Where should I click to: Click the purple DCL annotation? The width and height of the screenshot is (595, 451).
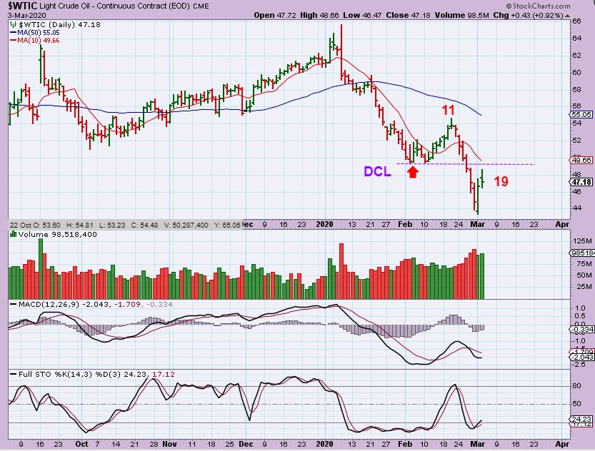pyautogui.click(x=378, y=171)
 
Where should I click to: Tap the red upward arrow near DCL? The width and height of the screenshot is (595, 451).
pyautogui.click(x=413, y=171)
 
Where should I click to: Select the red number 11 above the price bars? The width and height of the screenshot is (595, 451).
pyautogui.click(x=448, y=110)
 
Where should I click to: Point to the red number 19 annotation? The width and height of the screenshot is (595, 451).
pyautogui.click(x=501, y=181)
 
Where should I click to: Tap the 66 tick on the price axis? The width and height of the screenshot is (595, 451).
pyautogui.click(x=576, y=21)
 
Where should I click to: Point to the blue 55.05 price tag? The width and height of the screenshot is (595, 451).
pyautogui.click(x=582, y=114)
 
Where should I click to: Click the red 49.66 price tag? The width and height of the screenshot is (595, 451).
pyautogui.click(x=582, y=161)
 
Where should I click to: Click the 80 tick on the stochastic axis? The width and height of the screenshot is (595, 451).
pyautogui.click(x=576, y=386)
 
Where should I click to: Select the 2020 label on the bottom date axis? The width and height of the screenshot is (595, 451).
pyautogui.click(x=325, y=444)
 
